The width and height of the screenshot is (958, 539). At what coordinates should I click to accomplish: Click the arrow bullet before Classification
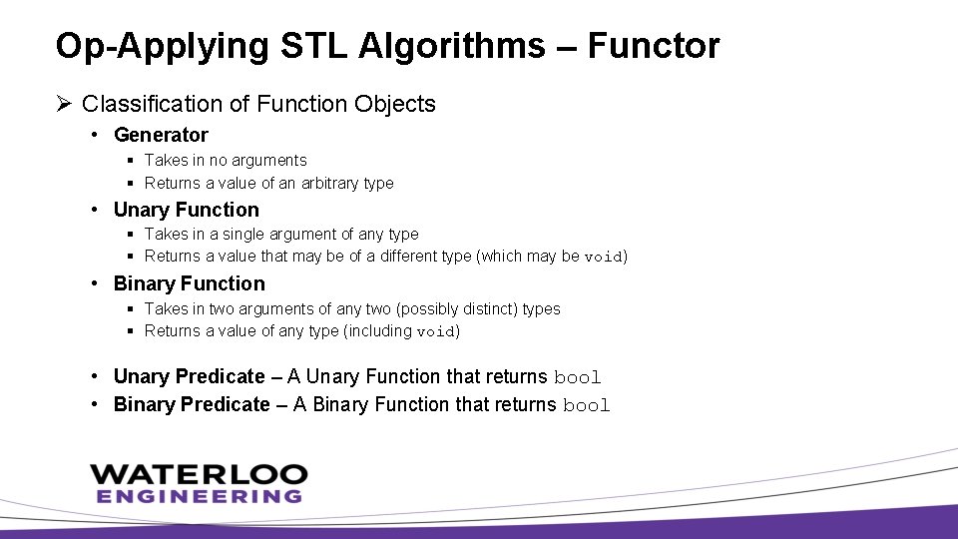65,104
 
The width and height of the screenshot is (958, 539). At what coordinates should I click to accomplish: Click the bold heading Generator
161,135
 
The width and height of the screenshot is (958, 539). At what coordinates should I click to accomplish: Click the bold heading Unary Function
186,210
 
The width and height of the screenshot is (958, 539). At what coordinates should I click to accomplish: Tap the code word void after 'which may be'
603,257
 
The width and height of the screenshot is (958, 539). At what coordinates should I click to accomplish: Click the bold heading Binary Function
189,283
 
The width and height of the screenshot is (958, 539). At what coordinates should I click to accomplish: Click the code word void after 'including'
435,331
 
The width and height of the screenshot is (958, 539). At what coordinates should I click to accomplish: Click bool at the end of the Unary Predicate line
577,377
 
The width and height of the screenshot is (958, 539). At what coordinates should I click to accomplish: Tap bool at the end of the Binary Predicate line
586,405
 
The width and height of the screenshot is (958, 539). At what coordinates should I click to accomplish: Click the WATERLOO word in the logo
198,473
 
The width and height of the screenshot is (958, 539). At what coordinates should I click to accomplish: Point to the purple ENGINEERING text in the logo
199,495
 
